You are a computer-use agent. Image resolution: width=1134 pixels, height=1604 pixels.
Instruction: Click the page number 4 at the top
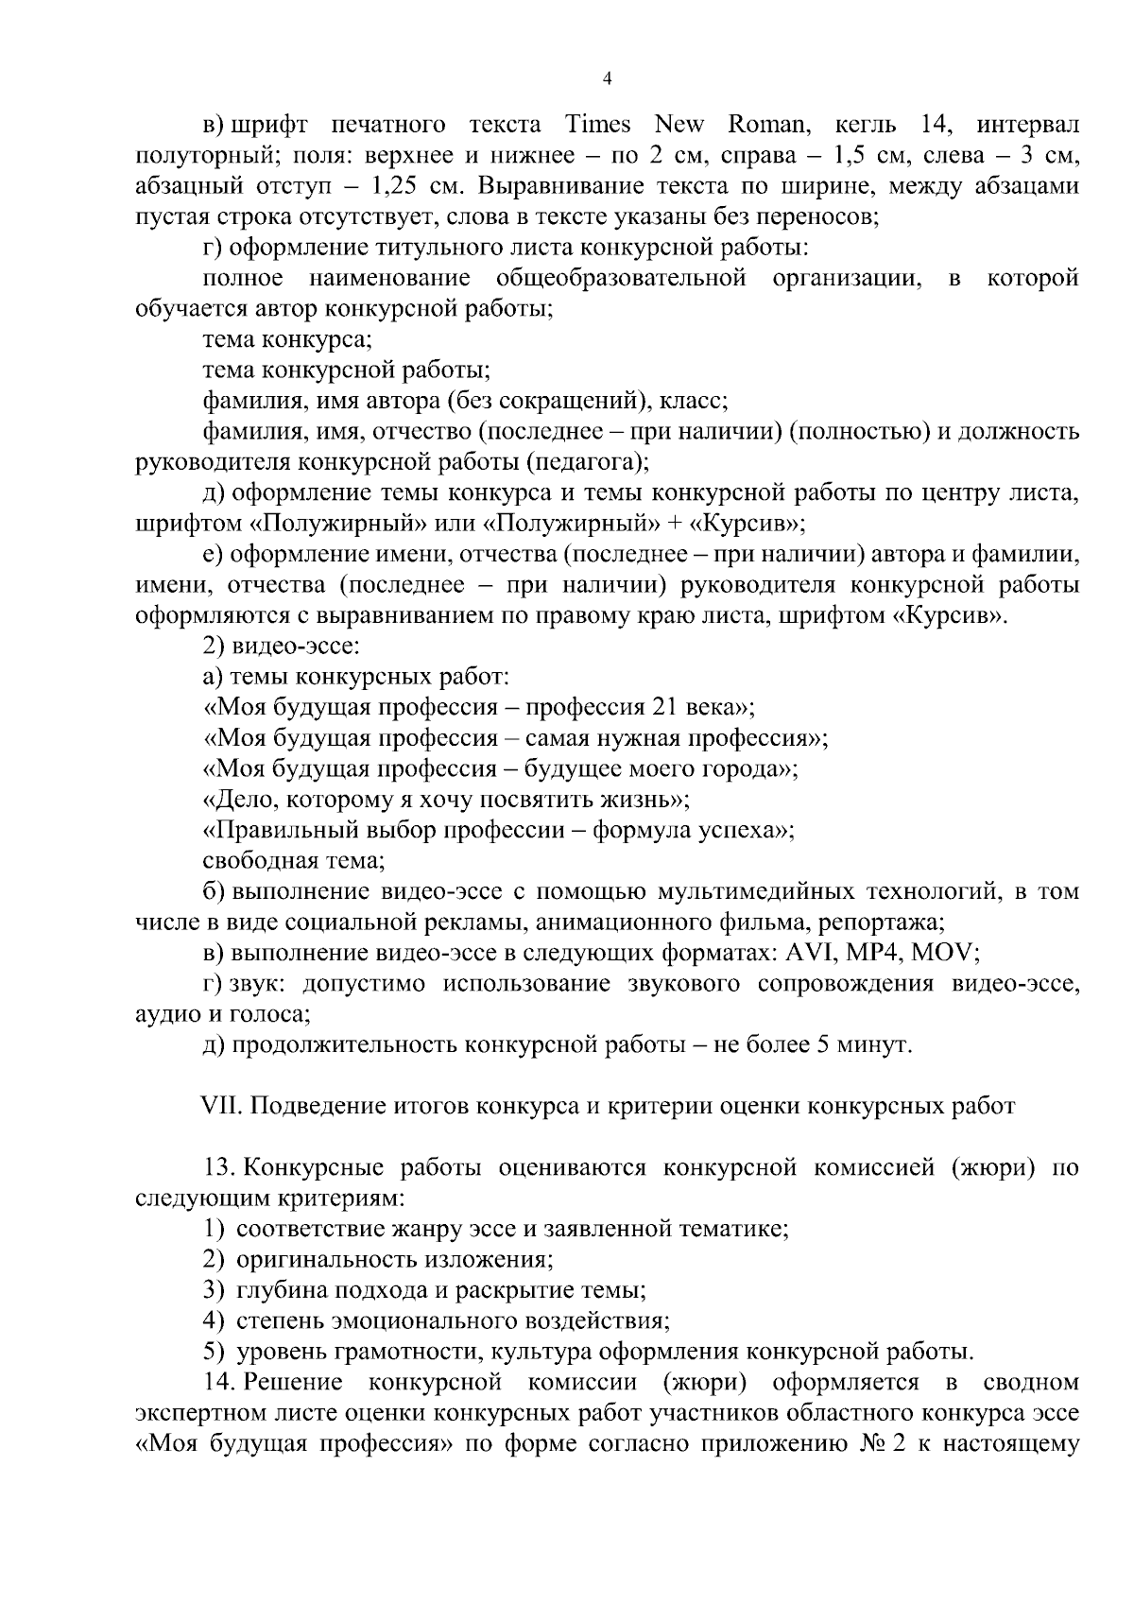[608, 79]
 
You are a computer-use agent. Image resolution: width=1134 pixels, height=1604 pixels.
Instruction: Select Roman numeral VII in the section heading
[220, 1106]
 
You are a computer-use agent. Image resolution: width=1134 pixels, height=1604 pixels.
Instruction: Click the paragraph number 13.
[218, 1167]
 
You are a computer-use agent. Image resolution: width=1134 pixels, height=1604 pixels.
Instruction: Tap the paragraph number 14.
[218, 1383]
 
